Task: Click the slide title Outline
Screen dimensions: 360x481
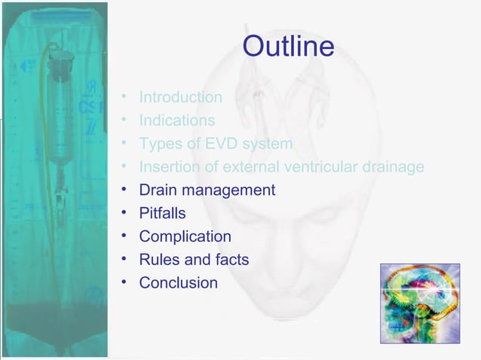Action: [x=288, y=47]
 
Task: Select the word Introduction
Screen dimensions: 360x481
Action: [x=180, y=97]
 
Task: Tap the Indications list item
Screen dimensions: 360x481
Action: [x=176, y=121]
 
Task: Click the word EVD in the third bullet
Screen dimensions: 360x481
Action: [x=222, y=144]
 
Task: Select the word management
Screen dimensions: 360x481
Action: [x=228, y=191]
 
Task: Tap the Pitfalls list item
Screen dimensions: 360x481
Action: [x=162, y=214]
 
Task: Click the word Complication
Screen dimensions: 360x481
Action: [x=185, y=237]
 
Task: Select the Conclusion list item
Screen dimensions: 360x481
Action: [x=178, y=284]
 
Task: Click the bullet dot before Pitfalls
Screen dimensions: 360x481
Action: [x=124, y=214]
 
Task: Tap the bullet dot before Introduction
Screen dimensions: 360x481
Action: [x=124, y=97]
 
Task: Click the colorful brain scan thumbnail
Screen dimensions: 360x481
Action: [x=419, y=303]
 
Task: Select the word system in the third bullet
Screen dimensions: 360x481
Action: [x=271, y=144]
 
